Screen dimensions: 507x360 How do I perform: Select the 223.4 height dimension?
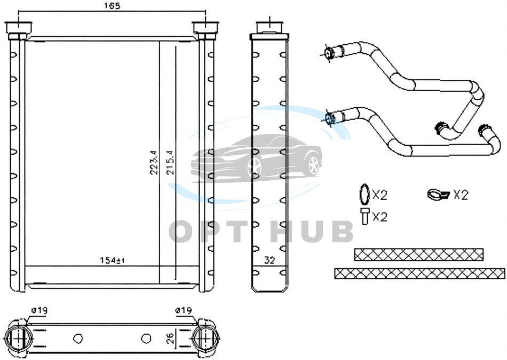click(x=154, y=162)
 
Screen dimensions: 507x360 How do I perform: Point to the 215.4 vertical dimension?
click(x=170, y=162)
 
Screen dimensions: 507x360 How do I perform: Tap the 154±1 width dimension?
click(x=112, y=260)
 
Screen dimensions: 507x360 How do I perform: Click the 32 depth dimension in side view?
click(x=270, y=260)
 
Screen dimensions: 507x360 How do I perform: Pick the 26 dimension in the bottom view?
click(x=171, y=338)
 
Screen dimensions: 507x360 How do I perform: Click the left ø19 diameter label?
click(x=39, y=310)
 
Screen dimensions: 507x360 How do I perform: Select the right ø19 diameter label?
click(x=184, y=310)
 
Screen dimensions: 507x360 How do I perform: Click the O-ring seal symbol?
click(x=365, y=194)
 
